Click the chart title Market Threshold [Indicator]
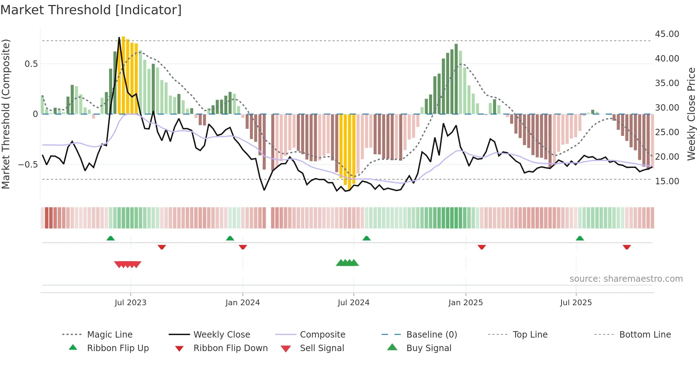point(91,10)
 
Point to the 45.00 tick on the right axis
point(667,34)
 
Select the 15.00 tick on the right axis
point(667,181)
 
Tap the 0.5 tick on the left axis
point(31,64)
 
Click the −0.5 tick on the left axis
point(28,165)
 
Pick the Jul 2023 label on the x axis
point(131,303)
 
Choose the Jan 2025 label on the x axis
point(465,303)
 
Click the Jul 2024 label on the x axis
point(353,303)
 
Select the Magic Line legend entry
point(110,335)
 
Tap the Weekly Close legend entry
point(222,335)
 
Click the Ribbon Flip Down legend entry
point(230,348)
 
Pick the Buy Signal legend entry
point(429,348)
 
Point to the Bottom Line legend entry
point(645,335)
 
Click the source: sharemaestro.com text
point(626,279)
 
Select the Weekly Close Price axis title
point(691,114)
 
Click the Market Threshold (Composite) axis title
point(6,114)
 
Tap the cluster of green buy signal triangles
point(347,263)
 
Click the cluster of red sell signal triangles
point(128,264)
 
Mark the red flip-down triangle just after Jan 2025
point(482,247)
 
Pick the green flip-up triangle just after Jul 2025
point(580,238)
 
